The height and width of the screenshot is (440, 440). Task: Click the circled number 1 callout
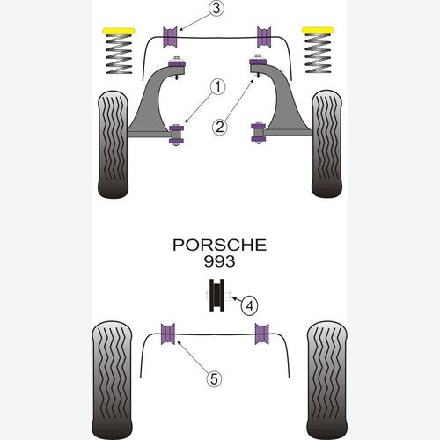tap(217, 87)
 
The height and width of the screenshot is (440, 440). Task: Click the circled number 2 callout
tap(220, 127)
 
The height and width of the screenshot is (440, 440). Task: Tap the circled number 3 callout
tap(216, 9)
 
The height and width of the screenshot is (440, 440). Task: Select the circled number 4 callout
tap(249, 306)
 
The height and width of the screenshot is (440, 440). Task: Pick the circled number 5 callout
tap(214, 379)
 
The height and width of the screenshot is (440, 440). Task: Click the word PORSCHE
tap(219, 246)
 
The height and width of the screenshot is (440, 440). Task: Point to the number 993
tap(219, 261)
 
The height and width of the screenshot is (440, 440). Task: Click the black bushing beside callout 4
tap(216, 295)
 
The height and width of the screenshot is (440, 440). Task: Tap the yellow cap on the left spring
tap(119, 31)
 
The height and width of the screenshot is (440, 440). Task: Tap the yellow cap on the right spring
tap(318, 30)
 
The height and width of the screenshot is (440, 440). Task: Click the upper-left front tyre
tap(113, 144)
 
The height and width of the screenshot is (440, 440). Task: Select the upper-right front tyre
tap(326, 143)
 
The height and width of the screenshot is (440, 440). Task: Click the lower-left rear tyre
tap(112, 380)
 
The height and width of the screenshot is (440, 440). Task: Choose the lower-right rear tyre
tap(327, 380)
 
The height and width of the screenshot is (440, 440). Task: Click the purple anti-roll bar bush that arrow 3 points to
tap(170, 37)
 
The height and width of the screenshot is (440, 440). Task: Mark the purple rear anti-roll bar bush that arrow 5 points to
tap(168, 334)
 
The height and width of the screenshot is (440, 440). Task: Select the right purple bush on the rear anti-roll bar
tap(261, 334)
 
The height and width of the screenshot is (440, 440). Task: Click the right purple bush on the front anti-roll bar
tap(264, 37)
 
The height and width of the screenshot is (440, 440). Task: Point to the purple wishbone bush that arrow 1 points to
tap(176, 135)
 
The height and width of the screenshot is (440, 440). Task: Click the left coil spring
tap(119, 54)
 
